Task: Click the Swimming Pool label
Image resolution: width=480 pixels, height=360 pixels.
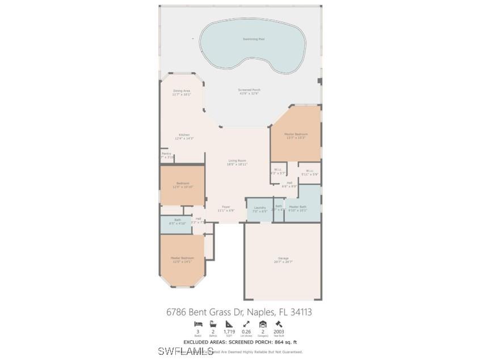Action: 254,39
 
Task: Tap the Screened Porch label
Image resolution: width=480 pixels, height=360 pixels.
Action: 249,91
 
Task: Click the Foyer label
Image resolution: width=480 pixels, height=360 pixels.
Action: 226,208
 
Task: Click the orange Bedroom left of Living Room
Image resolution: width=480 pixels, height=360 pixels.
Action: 182,185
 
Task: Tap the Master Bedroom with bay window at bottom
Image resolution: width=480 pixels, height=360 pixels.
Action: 182,259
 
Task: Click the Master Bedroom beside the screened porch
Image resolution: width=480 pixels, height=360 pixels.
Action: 296,135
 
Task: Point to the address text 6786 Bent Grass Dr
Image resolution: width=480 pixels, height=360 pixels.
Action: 239,312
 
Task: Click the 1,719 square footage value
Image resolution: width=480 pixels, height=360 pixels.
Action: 229,332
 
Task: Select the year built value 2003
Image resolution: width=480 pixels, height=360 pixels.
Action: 279,332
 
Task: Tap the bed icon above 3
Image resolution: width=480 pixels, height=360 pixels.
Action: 197,324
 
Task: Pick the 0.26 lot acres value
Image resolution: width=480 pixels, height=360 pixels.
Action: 246,332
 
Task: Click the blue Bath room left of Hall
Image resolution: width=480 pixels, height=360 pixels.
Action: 177,221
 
